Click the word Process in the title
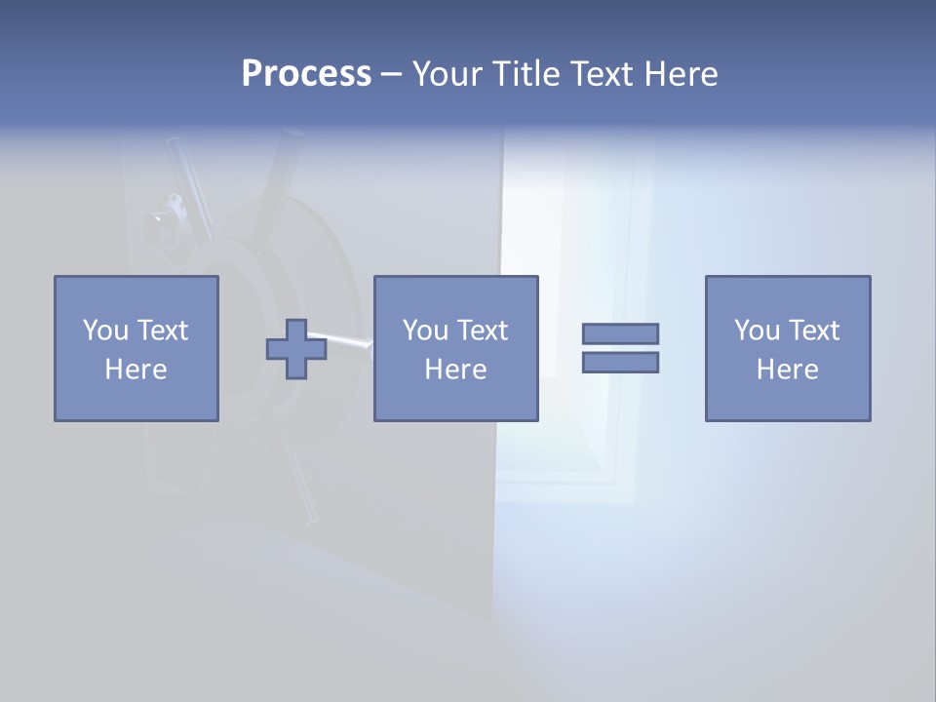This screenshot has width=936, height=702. (306, 74)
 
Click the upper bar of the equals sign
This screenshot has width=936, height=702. (620, 333)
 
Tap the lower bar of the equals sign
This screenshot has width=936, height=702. (620, 362)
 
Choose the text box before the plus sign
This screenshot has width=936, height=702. (136, 348)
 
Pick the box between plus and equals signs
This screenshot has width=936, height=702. (455, 348)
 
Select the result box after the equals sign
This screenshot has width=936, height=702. (787, 348)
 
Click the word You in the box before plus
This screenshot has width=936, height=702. (105, 331)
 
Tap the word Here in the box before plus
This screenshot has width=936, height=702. (136, 370)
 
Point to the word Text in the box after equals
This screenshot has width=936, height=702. (813, 331)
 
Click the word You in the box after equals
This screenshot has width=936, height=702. (757, 331)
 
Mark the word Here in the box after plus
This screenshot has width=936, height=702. (455, 370)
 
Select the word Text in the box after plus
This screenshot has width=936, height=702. (482, 331)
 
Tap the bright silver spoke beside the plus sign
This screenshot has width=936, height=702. (349, 340)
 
